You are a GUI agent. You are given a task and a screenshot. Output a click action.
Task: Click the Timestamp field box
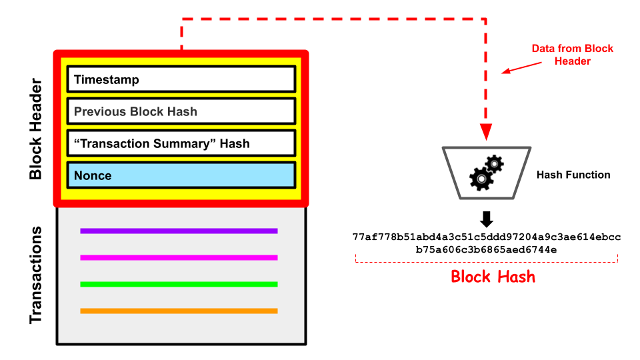coord(181,79)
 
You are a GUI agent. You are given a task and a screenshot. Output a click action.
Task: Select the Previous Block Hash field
coord(181,111)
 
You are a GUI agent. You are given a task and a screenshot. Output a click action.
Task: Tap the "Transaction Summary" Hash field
coord(181,143)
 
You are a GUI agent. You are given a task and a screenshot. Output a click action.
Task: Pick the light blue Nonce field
coord(181,175)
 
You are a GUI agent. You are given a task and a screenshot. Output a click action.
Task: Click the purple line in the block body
coord(179,231)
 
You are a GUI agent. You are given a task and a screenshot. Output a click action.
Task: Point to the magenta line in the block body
coord(179,258)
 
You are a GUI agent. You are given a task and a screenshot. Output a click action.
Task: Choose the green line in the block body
coord(179,285)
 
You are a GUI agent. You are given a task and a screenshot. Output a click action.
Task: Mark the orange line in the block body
coord(179,311)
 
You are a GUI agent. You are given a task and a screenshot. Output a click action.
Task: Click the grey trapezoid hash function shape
coord(487,173)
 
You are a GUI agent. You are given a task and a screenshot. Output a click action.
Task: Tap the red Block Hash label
coord(493,277)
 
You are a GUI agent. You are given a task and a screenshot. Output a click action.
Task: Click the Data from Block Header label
coord(572,55)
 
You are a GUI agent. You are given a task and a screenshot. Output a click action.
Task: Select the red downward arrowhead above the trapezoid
coord(485,131)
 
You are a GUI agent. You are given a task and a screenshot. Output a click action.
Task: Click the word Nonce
coord(93,176)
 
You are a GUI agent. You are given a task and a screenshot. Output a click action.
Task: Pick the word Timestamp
coord(107,80)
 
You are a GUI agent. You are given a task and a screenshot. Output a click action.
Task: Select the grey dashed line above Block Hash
coord(487,261)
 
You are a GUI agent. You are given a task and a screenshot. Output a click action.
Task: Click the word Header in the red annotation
coord(573,61)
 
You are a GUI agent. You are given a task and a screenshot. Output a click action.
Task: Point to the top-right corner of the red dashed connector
coord(485,19)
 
